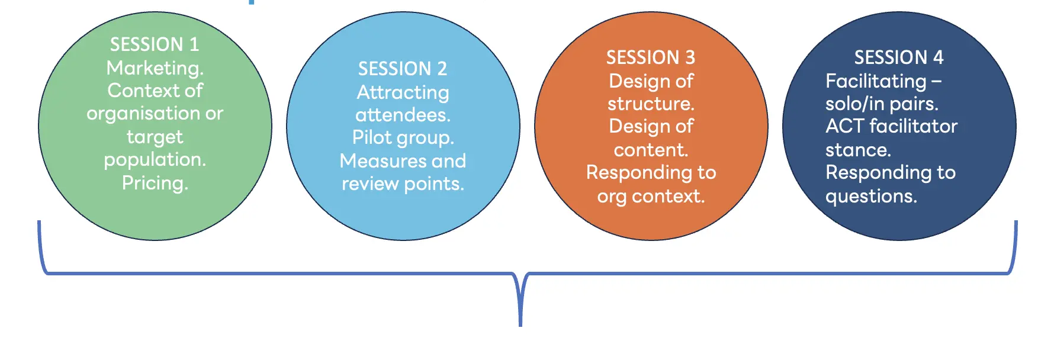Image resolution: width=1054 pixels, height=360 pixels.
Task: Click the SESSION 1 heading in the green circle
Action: (x=155, y=44)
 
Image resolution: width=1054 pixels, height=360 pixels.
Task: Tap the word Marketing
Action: (x=155, y=68)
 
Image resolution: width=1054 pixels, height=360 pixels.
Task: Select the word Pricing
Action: (x=155, y=183)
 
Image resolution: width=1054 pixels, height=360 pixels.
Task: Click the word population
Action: (x=155, y=160)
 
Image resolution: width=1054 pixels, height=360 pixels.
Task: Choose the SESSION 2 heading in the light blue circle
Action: (x=403, y=69)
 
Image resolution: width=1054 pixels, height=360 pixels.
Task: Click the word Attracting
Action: (x=403, y=93)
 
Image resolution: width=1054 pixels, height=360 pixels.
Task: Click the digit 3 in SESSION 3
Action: (x=690, y=57)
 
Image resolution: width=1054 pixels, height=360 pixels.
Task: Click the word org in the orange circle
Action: (x=612, y=197)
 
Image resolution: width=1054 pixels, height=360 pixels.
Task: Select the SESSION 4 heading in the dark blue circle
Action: (x=899, y=57)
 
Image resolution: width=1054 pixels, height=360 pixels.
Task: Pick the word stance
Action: (x=858, y=150)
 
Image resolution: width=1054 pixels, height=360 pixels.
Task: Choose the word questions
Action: (x=871, y=197)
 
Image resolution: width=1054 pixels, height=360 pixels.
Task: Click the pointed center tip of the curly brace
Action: (x=520, y=325)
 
